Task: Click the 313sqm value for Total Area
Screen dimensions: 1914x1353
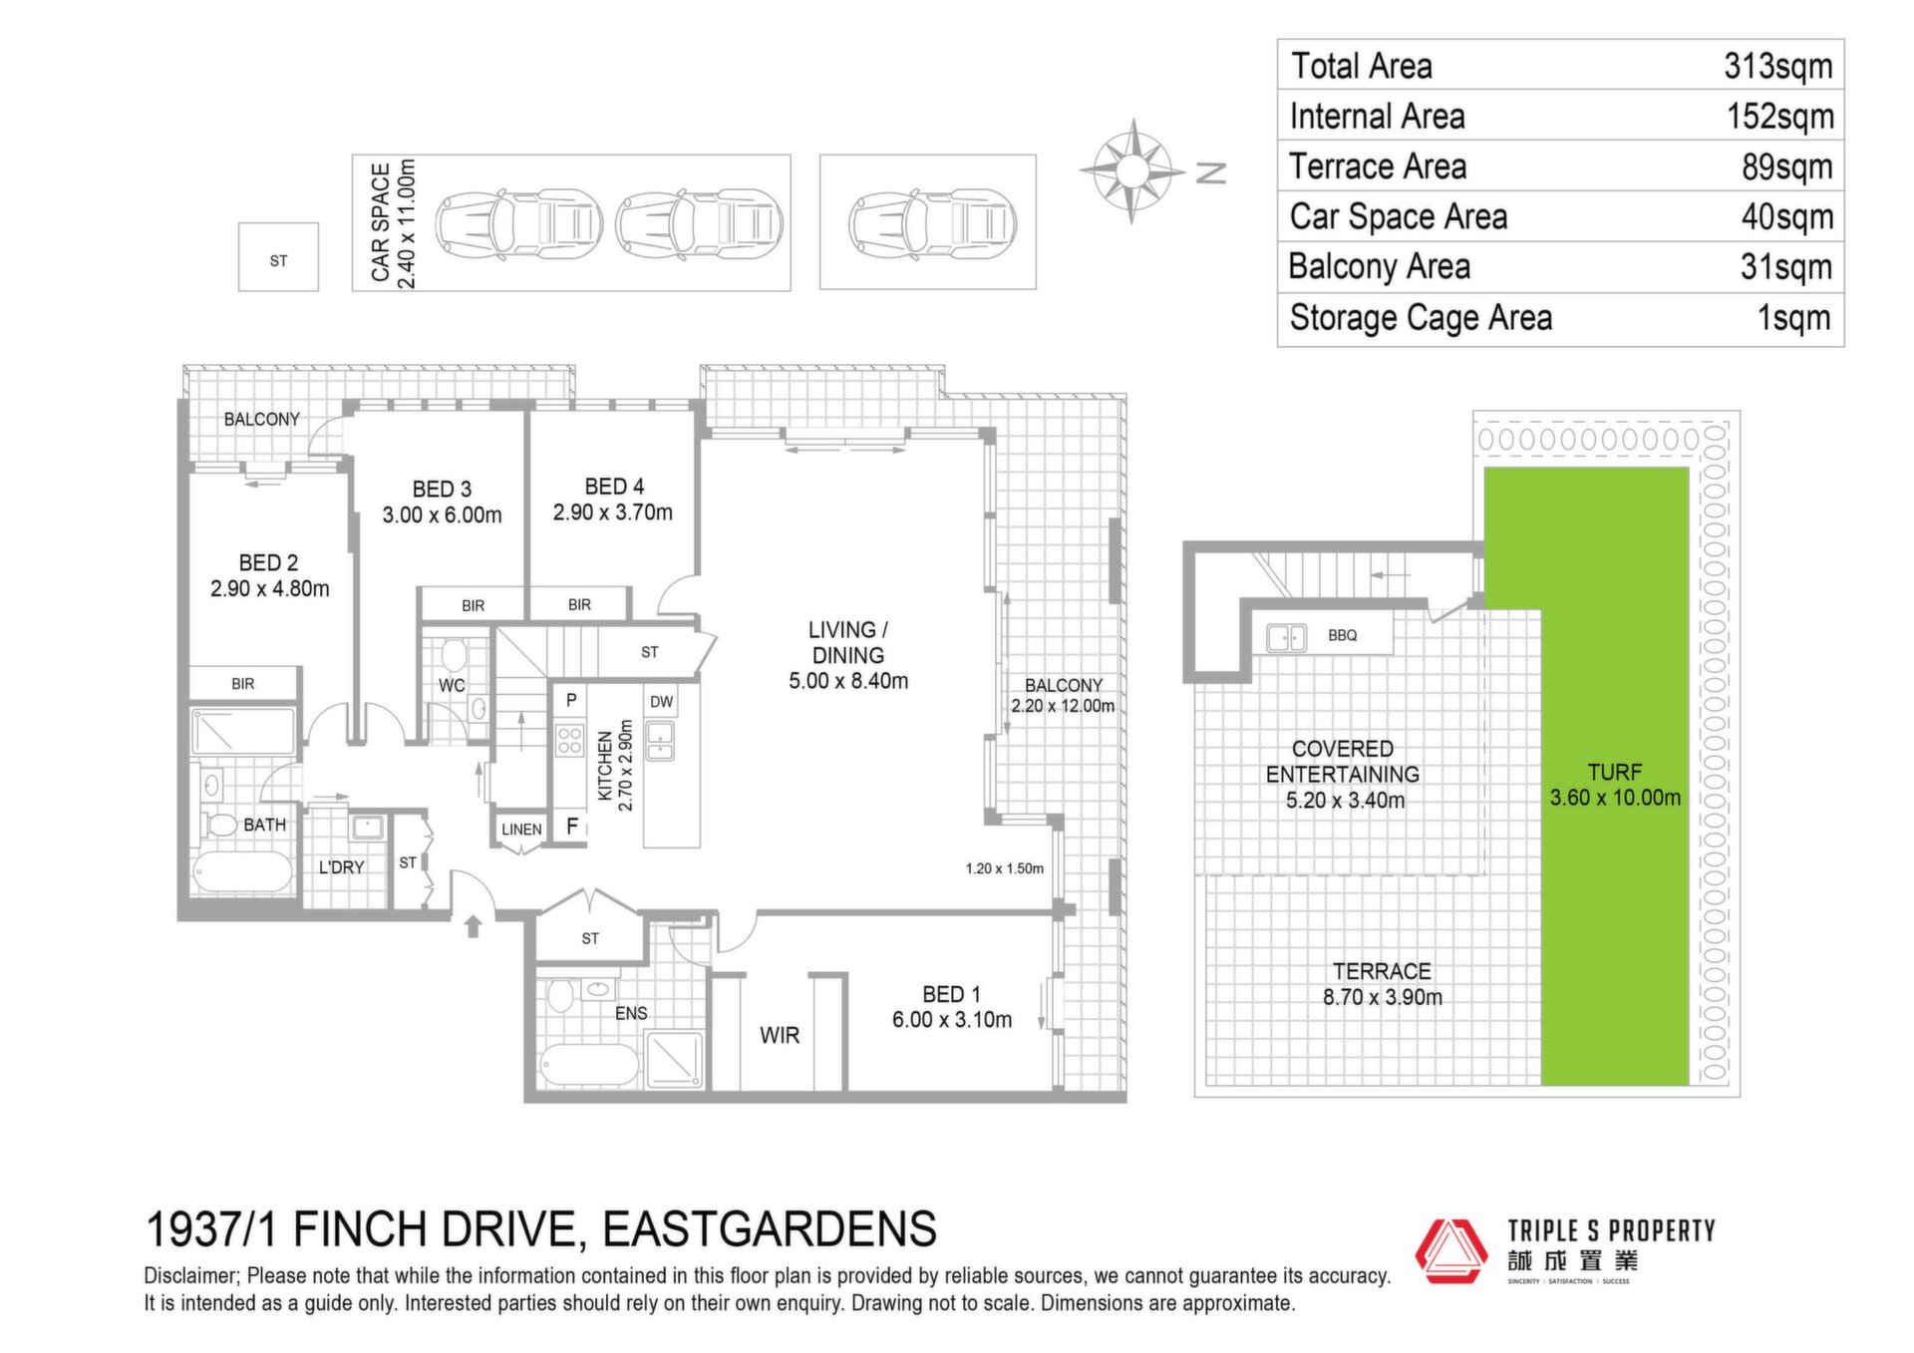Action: pyautogui.click(x=1778, y=67)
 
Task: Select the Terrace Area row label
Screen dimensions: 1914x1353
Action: pyautogui.click(x=1378, y=167)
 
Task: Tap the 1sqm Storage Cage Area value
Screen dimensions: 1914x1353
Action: pyautogui.click(x=1794, y=318)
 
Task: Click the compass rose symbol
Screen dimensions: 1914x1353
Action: pyautogui.click(x=1131, y=171)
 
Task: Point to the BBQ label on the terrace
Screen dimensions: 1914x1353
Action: pyautogui.click(x=1342, y=635)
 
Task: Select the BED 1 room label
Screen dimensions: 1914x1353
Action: pyautogui.click(x=951, y=994)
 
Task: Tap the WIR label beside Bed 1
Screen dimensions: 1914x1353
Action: pyautogui.click(x=780, y=1035)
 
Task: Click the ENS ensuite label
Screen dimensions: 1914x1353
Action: pyautogui.click(x=631, y=1013)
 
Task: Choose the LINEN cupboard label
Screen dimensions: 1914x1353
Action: pyautogui.click(x=521, y=830)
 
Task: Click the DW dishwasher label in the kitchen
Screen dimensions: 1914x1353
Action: pyautogui.click(x=662, y=702)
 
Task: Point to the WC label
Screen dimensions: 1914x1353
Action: pyautogui.click(x=452, y=686)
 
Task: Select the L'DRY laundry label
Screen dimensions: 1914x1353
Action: pyautogui.click(x=341, y=867)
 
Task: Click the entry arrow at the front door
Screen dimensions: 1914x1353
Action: pyautogui.click(x=474, y=926)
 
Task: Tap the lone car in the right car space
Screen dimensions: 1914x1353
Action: pyautogui.click(x=932, y=222)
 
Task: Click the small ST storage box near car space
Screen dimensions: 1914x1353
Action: pyautogui.click(x=278, y=257)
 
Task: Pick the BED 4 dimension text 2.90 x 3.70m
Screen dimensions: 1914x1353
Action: pyautogui.click(x=613, y=512)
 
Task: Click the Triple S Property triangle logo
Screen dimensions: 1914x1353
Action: pyautogui.click(x=1451, y=1250)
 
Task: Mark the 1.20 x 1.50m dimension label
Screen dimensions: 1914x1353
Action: pyautogui.click(x=1004, y=868)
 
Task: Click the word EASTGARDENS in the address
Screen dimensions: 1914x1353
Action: pyautogui.click(x=770, y=1228)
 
